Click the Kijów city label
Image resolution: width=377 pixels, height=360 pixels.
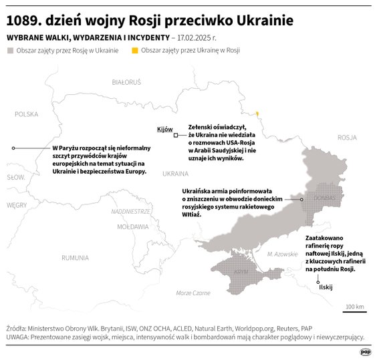164,129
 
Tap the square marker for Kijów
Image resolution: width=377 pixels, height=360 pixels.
175,135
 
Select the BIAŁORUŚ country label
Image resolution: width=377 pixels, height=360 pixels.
126,83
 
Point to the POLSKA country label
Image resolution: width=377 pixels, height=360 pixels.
27,114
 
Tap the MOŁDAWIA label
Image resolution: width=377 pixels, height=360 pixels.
133,227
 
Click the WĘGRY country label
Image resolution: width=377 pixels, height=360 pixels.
17,205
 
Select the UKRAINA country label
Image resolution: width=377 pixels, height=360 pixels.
175,174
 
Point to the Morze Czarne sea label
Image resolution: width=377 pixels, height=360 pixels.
193,293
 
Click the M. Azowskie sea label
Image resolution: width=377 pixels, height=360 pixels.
281,254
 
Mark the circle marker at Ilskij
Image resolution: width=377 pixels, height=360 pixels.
320,281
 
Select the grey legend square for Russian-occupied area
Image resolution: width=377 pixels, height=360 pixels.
10,50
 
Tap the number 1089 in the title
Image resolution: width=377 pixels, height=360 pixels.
25,20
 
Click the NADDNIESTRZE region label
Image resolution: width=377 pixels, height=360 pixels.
130,211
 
